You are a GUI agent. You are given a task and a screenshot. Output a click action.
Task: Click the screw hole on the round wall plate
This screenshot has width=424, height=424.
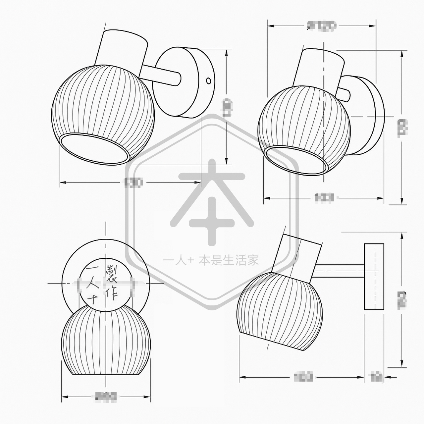coord(208,80)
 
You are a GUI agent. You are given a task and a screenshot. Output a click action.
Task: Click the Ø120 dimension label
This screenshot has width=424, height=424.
coord(322,26)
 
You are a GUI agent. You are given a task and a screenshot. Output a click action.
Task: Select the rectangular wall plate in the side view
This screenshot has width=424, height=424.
coord(374,277)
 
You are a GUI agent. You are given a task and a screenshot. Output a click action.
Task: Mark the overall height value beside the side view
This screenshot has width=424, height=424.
coord(402,300)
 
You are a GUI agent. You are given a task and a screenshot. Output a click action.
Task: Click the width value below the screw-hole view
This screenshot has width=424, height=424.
coord(133,183)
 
